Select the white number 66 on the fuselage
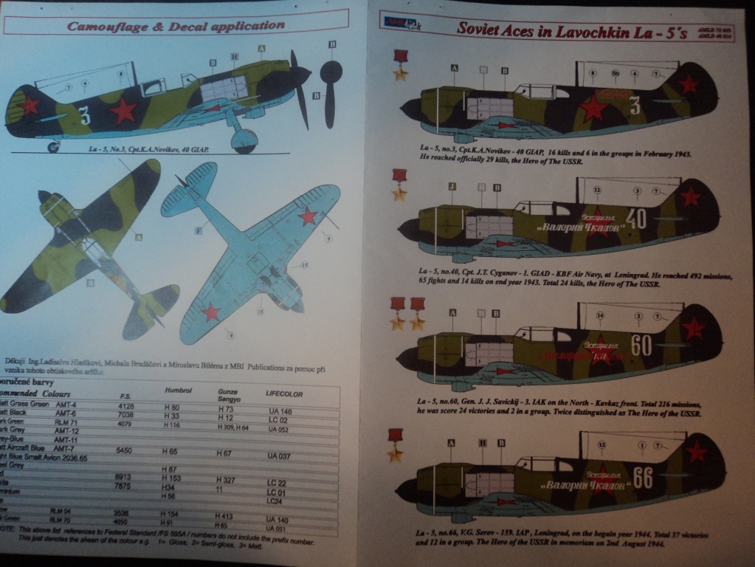pyautogui.click(x=643, y=478)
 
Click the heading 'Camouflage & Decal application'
pyautogui.click(x=176, y=26)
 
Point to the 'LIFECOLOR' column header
pyautogui.click(x=284, y=394)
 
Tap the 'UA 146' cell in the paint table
pyautogui.click(x=280, y=410)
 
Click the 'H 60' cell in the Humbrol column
pyautogui.click(x=171, y=407)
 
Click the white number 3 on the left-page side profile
pyautogui.click(x=85, y=116)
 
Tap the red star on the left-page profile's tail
pyautogui.click(x=29, y=105)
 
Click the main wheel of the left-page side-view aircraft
pyautogui.click(x=244, y=140)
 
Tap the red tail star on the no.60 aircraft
pyautogui.click(x=693, y=327)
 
